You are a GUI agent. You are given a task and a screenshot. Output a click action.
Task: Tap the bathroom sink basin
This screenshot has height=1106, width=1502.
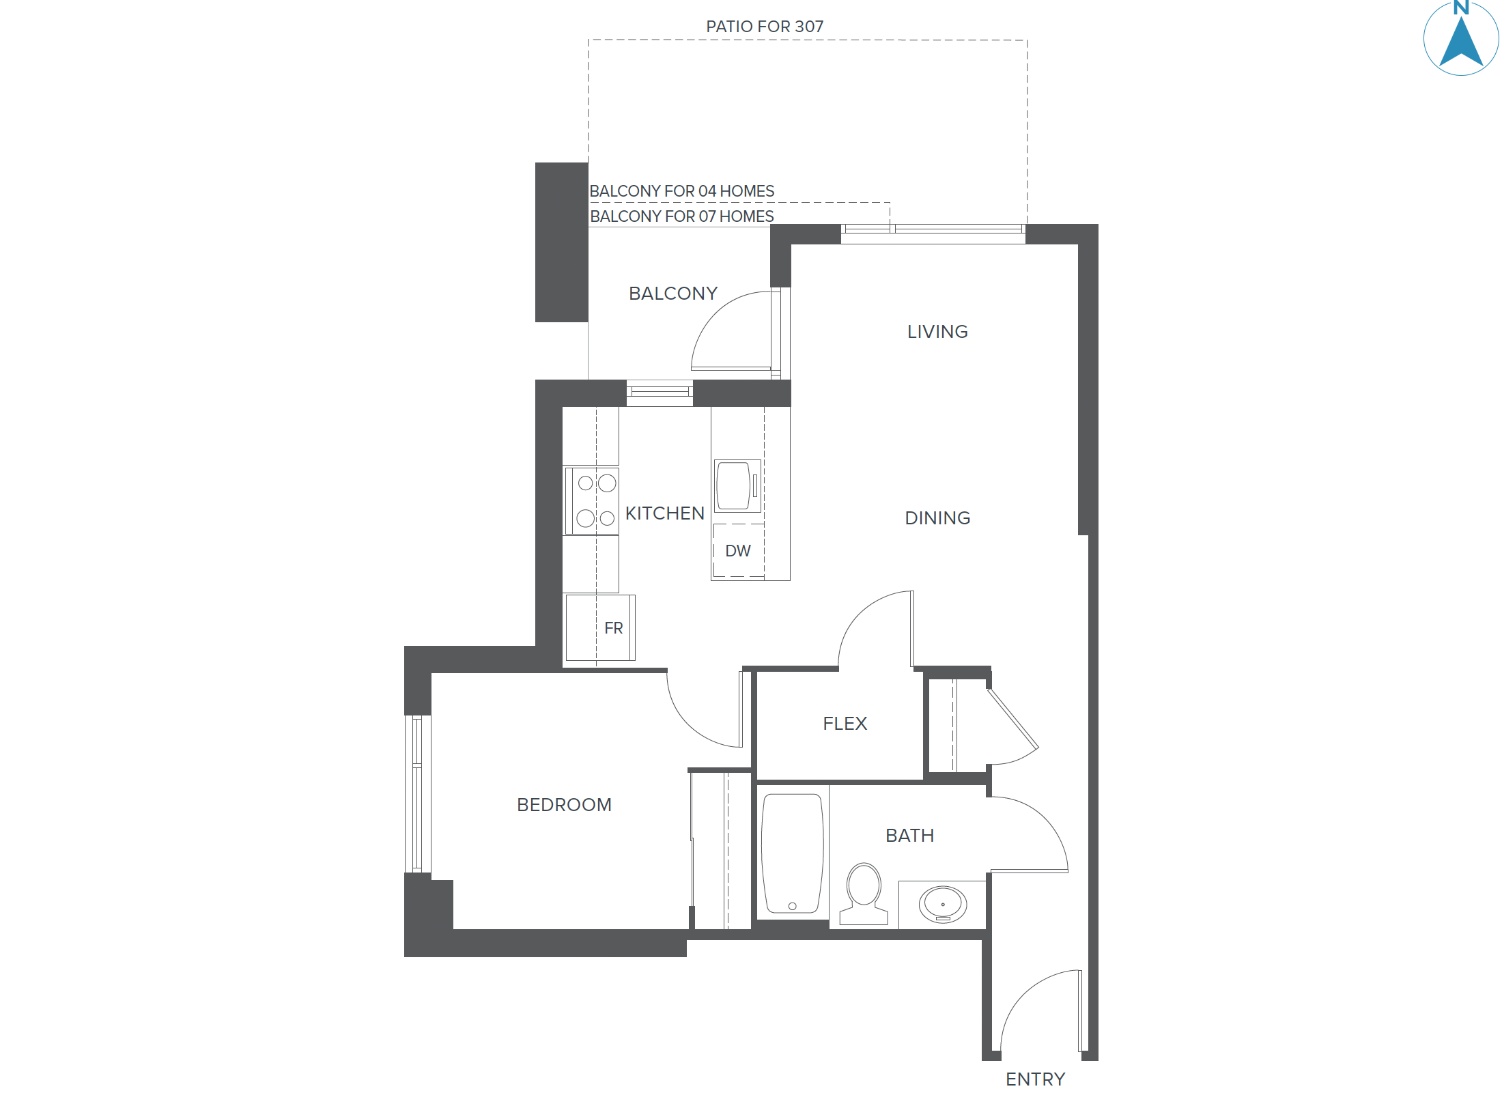pos(943,904)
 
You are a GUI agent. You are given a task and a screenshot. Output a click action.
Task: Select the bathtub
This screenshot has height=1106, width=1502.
pos(792,853)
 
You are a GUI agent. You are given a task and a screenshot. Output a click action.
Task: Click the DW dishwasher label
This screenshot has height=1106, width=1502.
pos(737,551)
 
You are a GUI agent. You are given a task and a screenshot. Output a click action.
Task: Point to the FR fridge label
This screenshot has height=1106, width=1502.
pos(613,628)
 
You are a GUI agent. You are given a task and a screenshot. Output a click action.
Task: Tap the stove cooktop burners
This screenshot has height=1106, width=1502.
pos(595,501)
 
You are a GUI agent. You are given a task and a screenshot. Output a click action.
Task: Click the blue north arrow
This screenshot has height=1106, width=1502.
pos(1460,41)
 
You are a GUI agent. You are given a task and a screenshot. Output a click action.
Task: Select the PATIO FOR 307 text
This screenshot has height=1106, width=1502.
pos(765,27)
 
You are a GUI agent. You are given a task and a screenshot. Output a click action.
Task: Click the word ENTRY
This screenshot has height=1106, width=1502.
pos(1035,1079)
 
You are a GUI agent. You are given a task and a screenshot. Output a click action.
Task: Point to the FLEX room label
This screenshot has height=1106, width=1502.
pos(845,724)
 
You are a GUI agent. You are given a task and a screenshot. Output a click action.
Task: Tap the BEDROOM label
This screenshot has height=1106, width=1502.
pos(564,805)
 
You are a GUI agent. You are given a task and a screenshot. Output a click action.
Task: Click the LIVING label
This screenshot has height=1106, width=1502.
pos(937,332)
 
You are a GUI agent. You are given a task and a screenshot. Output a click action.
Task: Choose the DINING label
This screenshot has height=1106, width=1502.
pos(937,518)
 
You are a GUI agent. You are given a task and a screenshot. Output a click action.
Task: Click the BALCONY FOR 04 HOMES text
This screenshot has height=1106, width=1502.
pos(681,191)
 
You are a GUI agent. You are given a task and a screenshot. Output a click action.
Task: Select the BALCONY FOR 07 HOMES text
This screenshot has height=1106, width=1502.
pos(681,216)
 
